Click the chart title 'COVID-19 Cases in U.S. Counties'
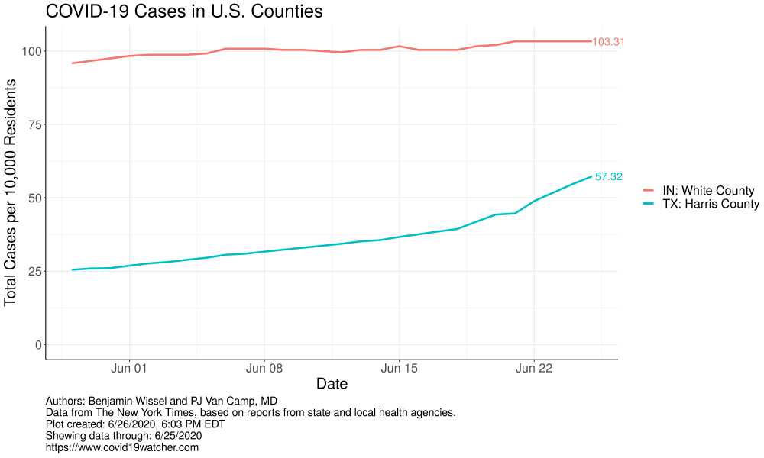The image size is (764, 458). pyautogui.click(x=183, y=12)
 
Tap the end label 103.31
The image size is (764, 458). pyautogui.click(x=608, y=42)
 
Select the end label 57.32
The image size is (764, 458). pyautogui.click(x=608, y=176)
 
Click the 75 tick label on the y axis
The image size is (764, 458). pyautogui.click(x=33, y=124)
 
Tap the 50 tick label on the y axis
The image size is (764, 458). pyautogui.click(x=33, y=198)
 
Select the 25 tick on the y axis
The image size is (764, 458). pyautogui.click(x=33, y=271)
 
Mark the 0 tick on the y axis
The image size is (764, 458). pyautogui.click(x=36, y=344)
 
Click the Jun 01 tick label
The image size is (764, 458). pyautogui.click(x=129, y=369)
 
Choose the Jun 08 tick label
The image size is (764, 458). pyautogui.click(x=264, y=369)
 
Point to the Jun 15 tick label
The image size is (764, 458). pyautogui.click(x=399, y=369)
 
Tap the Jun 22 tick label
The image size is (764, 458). pyautogui.click(x=533, y=369)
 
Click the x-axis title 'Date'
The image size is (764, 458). pyautogui.click(x=332, y=383)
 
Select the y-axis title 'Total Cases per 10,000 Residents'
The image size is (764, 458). pyautogui.click(x=11, y=192)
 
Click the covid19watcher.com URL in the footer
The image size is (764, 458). pyautogui.click(x=122, y=447)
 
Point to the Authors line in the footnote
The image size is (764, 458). pyautogui.click(x=161, y=401)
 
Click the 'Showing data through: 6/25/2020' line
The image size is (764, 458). pyautogui.click(x=124, y=436)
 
